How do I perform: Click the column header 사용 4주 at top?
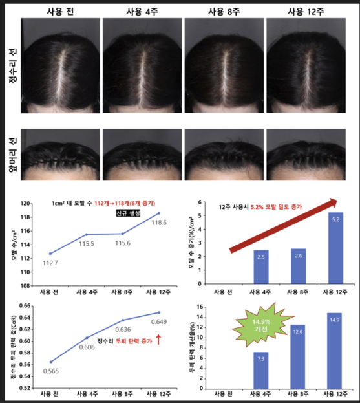click(x=143, y=11)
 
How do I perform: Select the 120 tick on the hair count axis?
click(x=26, y=202)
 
